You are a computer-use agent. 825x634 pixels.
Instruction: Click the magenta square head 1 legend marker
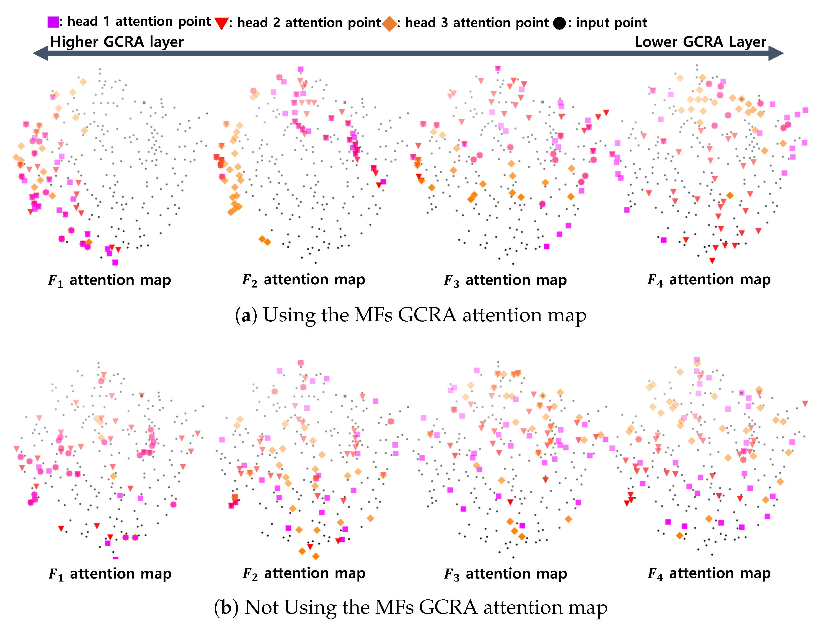click(53, 22)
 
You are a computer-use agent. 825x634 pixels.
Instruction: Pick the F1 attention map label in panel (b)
click(110, 574)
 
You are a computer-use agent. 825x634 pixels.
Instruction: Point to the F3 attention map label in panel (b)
click(505, 574)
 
